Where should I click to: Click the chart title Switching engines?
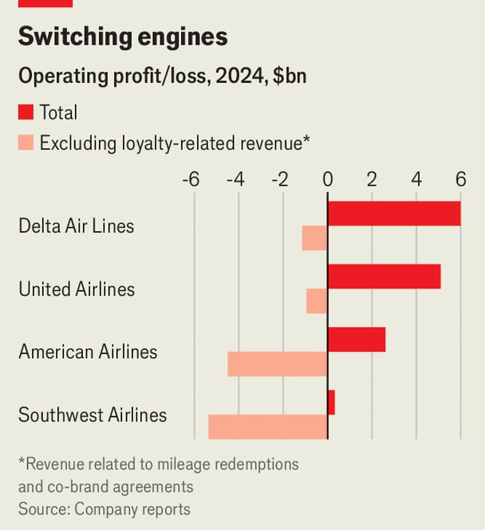[123, 37]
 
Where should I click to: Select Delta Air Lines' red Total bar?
[394, 214]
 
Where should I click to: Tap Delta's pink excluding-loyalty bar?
[315, 238]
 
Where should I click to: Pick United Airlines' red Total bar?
[384, 277]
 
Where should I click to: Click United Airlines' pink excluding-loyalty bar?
[317, 301]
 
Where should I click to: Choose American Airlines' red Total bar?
[356, 340]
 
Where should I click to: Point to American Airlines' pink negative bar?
[278, 364]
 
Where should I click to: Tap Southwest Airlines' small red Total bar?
[331, 402]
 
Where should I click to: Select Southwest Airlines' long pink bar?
[268, 427]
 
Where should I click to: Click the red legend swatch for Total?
[26, 113]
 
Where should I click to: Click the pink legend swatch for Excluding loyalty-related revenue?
[26, 143]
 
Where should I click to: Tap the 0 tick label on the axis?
[327, 179]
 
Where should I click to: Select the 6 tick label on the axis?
[460, 179]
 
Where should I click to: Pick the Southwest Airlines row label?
[93, 415]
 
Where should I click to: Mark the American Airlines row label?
[88, 351]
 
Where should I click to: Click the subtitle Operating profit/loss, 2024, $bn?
[163, 77]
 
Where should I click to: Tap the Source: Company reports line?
[104, 508]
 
